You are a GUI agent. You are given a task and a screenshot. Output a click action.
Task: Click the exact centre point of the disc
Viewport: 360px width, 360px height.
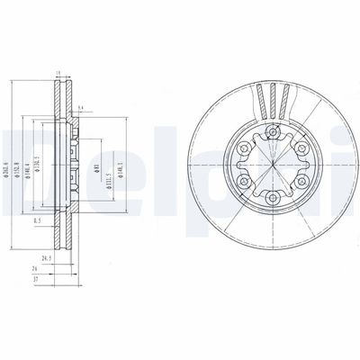pos(270,166)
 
